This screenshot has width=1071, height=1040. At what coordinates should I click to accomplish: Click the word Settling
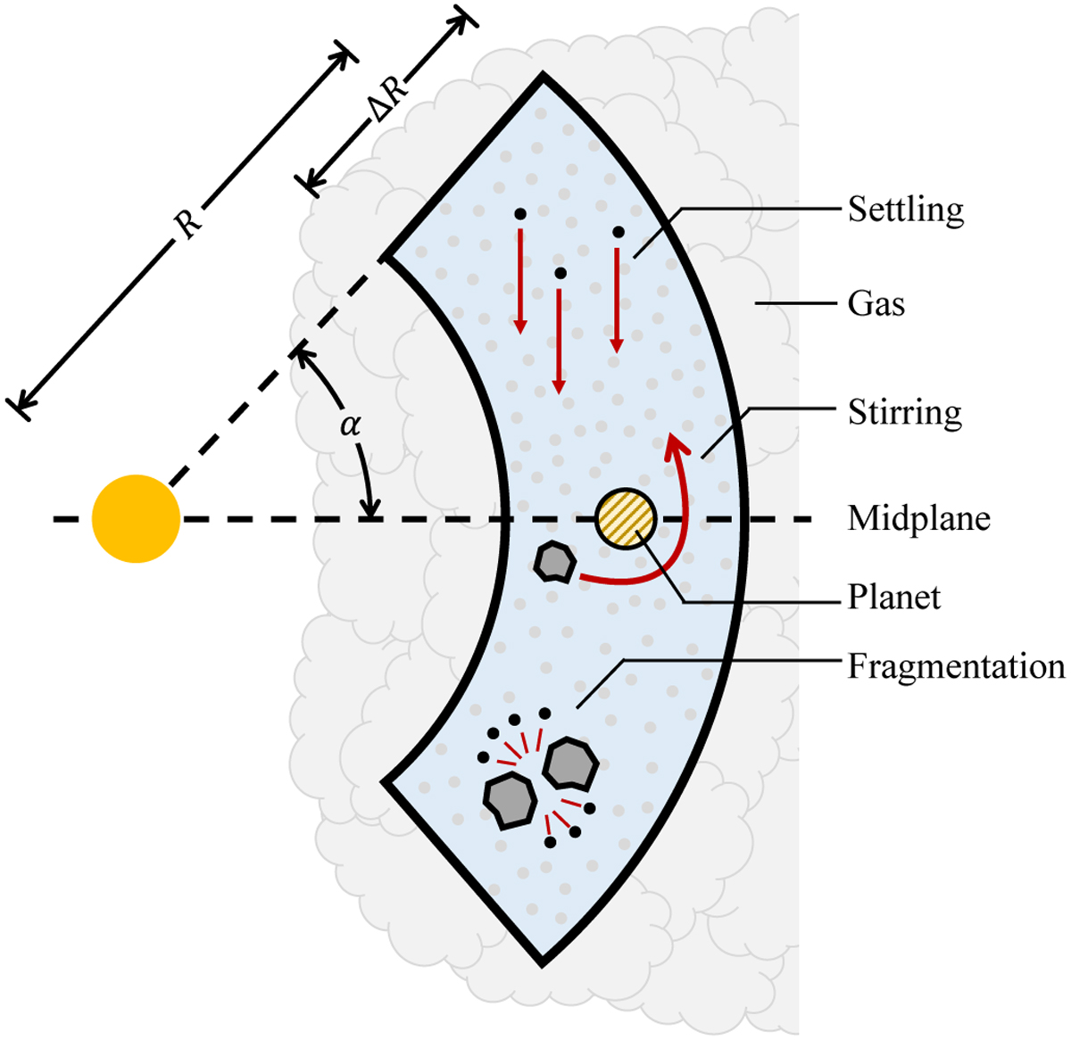905,210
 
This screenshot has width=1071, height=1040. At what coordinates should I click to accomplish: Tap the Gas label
876,303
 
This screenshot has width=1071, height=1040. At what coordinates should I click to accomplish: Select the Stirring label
905,412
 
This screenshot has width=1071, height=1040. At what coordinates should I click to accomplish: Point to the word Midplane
919,518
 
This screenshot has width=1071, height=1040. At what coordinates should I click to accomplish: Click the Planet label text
893,597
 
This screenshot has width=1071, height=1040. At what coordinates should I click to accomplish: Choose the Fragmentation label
957,666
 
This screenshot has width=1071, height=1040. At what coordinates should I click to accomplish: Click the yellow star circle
136,518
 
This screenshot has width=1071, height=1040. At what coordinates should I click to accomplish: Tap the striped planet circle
626,518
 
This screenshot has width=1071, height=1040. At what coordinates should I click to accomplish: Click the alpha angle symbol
351,425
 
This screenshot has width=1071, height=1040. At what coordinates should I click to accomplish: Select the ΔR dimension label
390,98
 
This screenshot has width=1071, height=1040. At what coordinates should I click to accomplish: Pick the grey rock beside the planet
555,562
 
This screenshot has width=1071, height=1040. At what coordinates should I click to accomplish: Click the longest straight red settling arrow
559,341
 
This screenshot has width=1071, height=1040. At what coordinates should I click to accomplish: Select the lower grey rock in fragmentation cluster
510,800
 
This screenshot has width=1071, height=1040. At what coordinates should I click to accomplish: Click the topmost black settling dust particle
520,213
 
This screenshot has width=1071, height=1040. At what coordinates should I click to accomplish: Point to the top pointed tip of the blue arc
543,74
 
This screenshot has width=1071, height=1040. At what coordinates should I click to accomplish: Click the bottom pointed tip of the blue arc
542,965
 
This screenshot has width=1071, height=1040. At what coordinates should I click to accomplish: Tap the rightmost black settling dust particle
618,232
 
